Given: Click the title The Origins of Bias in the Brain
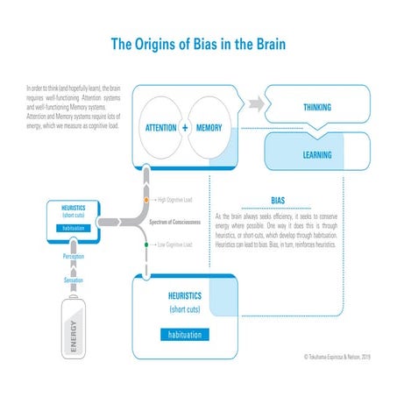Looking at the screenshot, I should (198, 43).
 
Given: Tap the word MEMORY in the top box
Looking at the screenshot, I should (210, 128).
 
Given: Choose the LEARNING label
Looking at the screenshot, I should (316, 154).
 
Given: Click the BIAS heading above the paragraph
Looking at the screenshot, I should (278, 201).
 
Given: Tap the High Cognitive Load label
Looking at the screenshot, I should (175, 201).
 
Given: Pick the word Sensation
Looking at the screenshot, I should (73, 280).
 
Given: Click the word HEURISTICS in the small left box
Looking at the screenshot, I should (74, 209).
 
